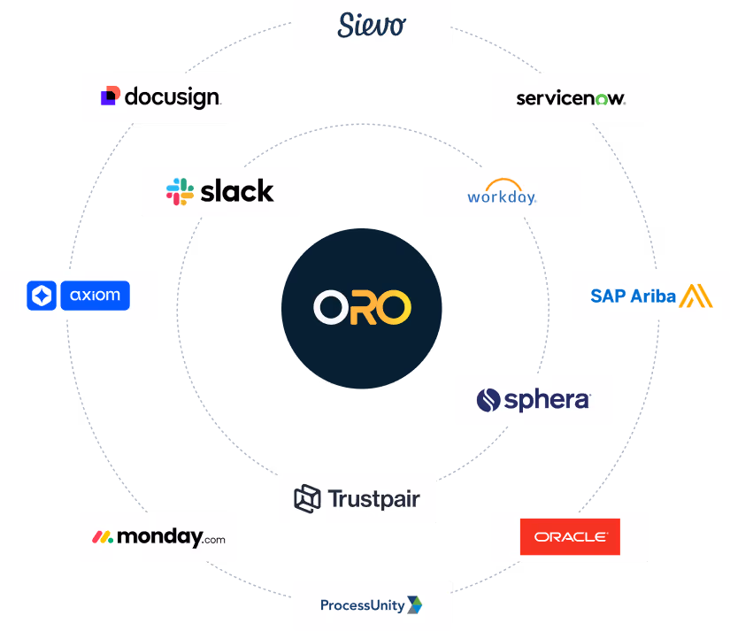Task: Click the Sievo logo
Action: (x=372, y=25)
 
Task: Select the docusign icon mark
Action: (x=110, y=96)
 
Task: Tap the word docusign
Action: (x=172, y=96)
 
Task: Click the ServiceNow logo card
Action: (x=571, y=97)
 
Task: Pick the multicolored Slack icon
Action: (x=180, y=192)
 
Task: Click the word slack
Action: (x=236, y=191)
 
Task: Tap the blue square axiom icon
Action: (x=42, y=296)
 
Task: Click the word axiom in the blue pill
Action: (x=96, y=296)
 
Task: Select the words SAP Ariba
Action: (x=633, y=296)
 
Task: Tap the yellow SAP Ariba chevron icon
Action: (x=695, y=296)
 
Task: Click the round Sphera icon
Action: (x=488, y=400)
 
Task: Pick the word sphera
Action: (x=546, y=400)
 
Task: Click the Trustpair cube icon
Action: (x=307, y=498)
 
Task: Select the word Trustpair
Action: (x=373, y=499)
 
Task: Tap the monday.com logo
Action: (x=158, y=536)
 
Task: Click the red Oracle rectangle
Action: (x=570, y=536)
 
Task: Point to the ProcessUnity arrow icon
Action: (x=414, y=605)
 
